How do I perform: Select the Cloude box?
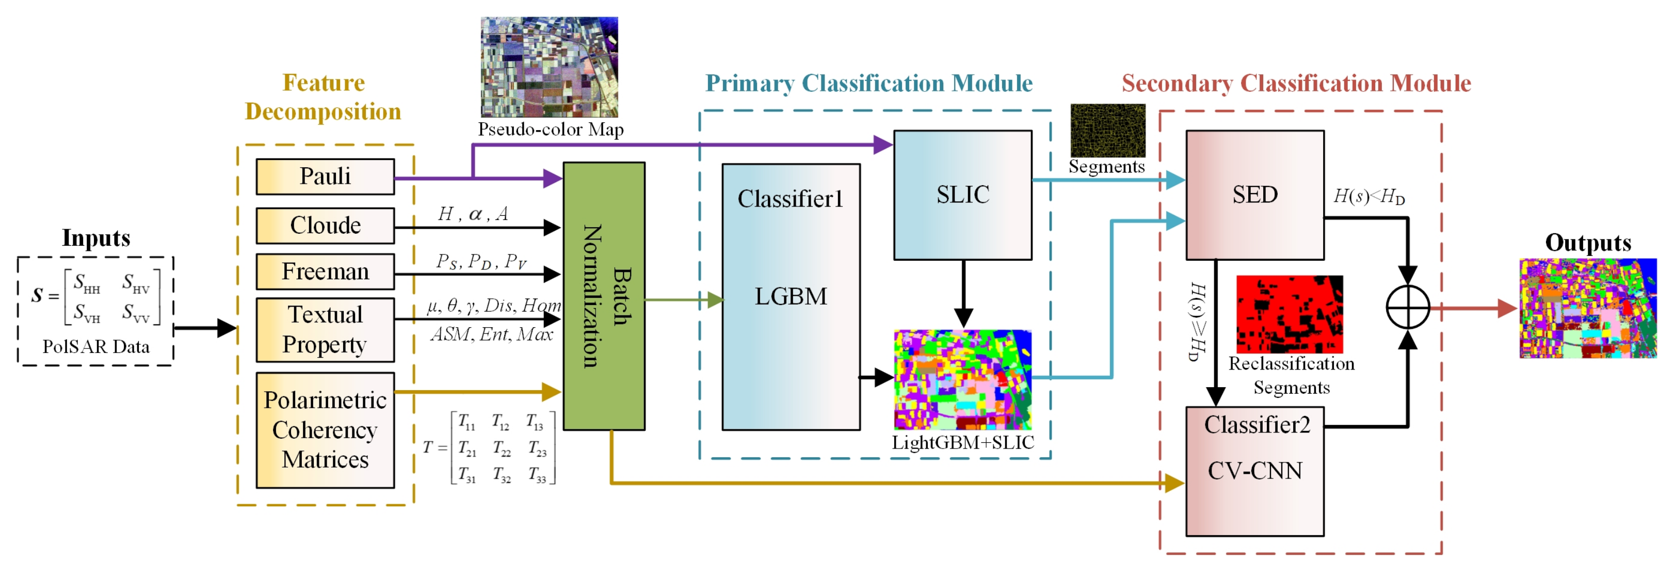click(325, 226)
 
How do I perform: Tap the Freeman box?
click(325, 271)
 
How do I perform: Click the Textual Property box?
click(325, 330)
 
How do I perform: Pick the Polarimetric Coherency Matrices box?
click(325, 430)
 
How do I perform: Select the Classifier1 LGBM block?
click(791, 296)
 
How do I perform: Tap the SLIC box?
click(962, 195)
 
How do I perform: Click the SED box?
click(1254, 195)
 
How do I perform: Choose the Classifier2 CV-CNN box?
click(1254, 471)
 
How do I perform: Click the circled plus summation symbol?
click(1407, 307)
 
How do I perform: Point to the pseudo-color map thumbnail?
click(549, 67)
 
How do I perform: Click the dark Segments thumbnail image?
click(1107, 130)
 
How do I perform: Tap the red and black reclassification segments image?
click(1289, 314)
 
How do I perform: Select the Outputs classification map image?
click(1587, 308)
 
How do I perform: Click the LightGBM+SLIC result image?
click(962, 380)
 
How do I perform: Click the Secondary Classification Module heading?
click(1296, 83)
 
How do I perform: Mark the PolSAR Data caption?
click(95, 346)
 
